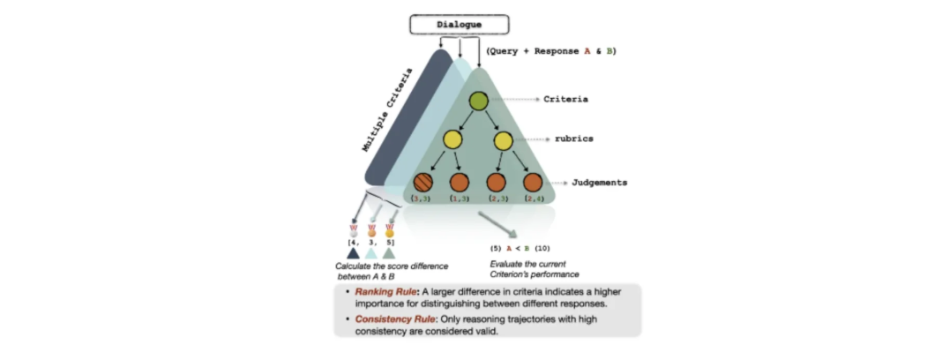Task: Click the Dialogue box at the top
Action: [460, 25]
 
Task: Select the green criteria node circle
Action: [478, 101]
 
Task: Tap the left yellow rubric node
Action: [452, 139]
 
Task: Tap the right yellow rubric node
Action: [504, 139]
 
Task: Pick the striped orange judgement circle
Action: [423, 183]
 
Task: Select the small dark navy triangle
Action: [354, 252]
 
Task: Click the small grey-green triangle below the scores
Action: [389, 252]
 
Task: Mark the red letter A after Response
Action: [587, 51]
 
